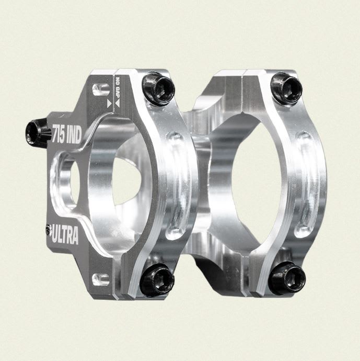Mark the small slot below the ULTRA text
pyautogui.click(x=100, y=277)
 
